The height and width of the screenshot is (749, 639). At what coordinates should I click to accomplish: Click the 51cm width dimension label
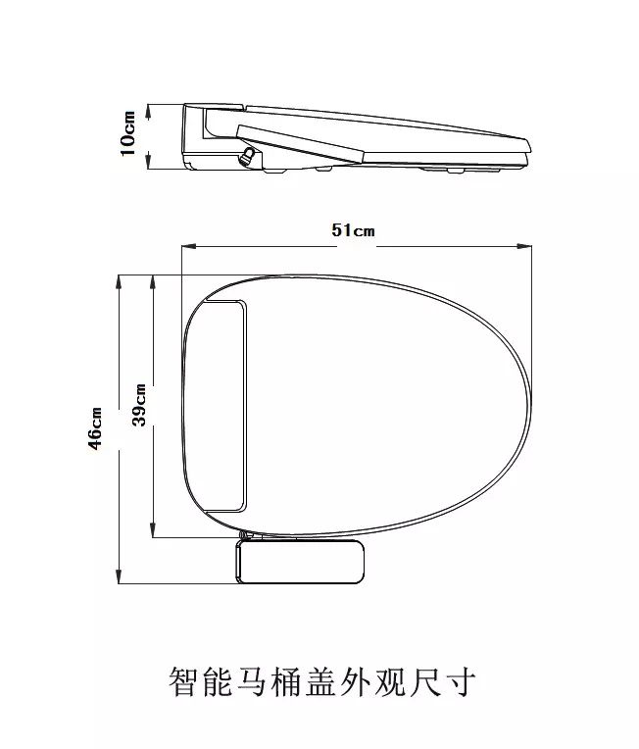pos(354,230)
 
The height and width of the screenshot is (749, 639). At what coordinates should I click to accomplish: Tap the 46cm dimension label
pos(95,428)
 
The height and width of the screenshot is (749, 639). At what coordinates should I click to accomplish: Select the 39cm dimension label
pos(139,405)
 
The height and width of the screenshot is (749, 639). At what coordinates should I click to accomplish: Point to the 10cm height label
pos(128,133)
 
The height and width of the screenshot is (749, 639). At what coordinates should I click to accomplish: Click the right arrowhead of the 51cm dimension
pos(525,246)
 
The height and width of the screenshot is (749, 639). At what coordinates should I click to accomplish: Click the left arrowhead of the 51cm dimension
pos(188,246)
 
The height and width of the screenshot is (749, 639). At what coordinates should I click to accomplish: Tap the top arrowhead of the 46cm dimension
pos(119,281)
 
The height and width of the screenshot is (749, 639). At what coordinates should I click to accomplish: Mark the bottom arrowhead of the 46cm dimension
pos(119,576)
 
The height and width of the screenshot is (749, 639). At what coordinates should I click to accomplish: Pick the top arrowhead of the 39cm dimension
pos(153,281)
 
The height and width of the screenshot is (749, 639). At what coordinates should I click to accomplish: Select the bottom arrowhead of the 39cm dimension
pos(153,530)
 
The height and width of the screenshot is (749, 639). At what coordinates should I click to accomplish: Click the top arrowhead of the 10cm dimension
pos(149,112)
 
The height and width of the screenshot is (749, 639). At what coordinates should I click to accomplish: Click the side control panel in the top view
pos(301,562)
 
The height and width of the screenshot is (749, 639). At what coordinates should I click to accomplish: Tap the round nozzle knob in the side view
pos(248,157)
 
